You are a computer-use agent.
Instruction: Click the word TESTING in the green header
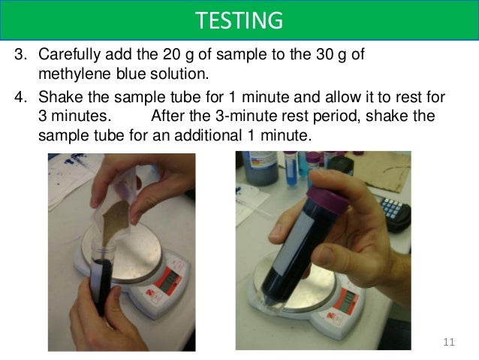click(239, 20)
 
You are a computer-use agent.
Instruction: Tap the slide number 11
click(450, 343)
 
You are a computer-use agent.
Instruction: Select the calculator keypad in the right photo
click(394, 207)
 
